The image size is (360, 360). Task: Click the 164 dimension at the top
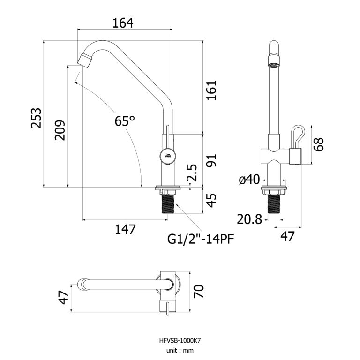pyautogui.click(x=123, y=22)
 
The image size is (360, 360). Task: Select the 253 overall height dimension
pyautogui.click(x=36, y=118)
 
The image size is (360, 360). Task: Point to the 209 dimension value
pyautogui.click(x=60, y=130)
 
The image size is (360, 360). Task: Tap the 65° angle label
pyautogui.click(x=125, y=121)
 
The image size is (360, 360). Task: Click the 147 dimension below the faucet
pyautogui.click(x=125, y=229)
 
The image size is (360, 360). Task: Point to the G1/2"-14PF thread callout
pyautogui.click(x=201, y=240)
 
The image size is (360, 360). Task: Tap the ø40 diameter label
pyautogui.click(x=249, y=179)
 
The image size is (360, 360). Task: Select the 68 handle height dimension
pyautogui.click(x=319, y=144)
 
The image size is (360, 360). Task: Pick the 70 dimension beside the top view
pyautogui.click(x=200, y=293)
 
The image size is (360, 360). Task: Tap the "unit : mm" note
pyautogui.click(x=180, y=350)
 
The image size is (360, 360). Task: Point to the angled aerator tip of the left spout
pyautogui.click(x=84, y=60)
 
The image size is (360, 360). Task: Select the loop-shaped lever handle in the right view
pyautogui.click(x=298, y=136)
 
